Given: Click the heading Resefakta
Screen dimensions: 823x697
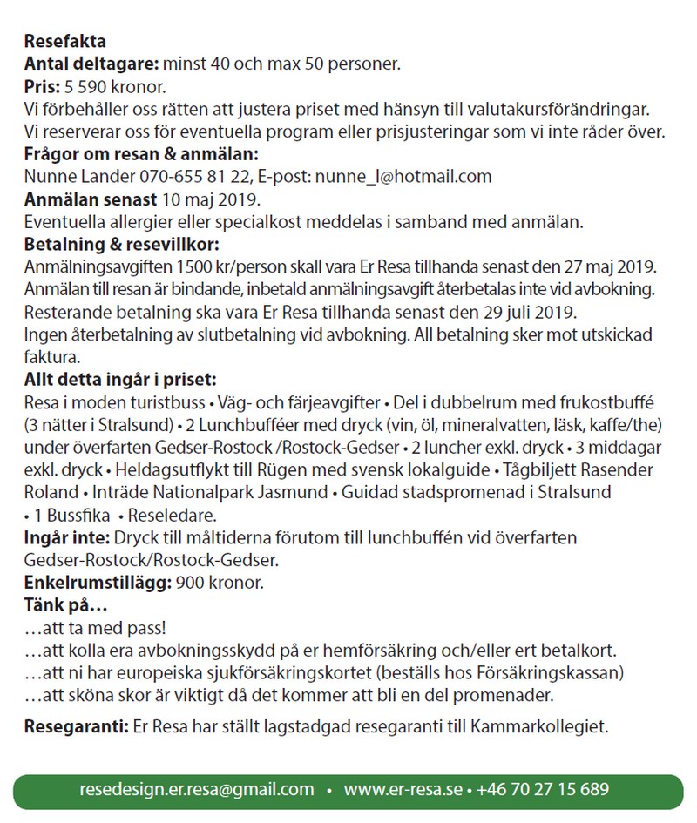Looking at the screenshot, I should coord(65,41).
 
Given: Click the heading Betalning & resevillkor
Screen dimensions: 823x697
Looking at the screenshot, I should coord(122,245).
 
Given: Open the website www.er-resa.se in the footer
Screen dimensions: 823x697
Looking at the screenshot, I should coord(403,790).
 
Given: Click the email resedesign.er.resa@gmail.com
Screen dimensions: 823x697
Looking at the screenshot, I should coord(196,790).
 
